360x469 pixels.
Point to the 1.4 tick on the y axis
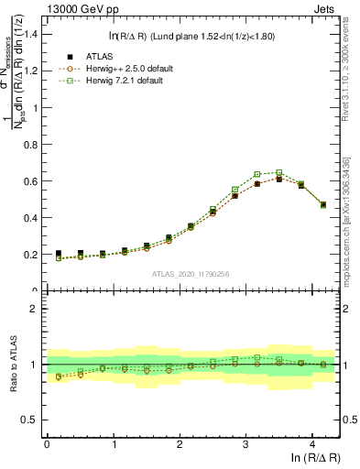click(32, 35)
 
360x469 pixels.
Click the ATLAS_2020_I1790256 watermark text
click(189, 274)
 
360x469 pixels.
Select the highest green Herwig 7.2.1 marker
click(278, 172)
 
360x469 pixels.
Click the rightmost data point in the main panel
click(323, 204)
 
